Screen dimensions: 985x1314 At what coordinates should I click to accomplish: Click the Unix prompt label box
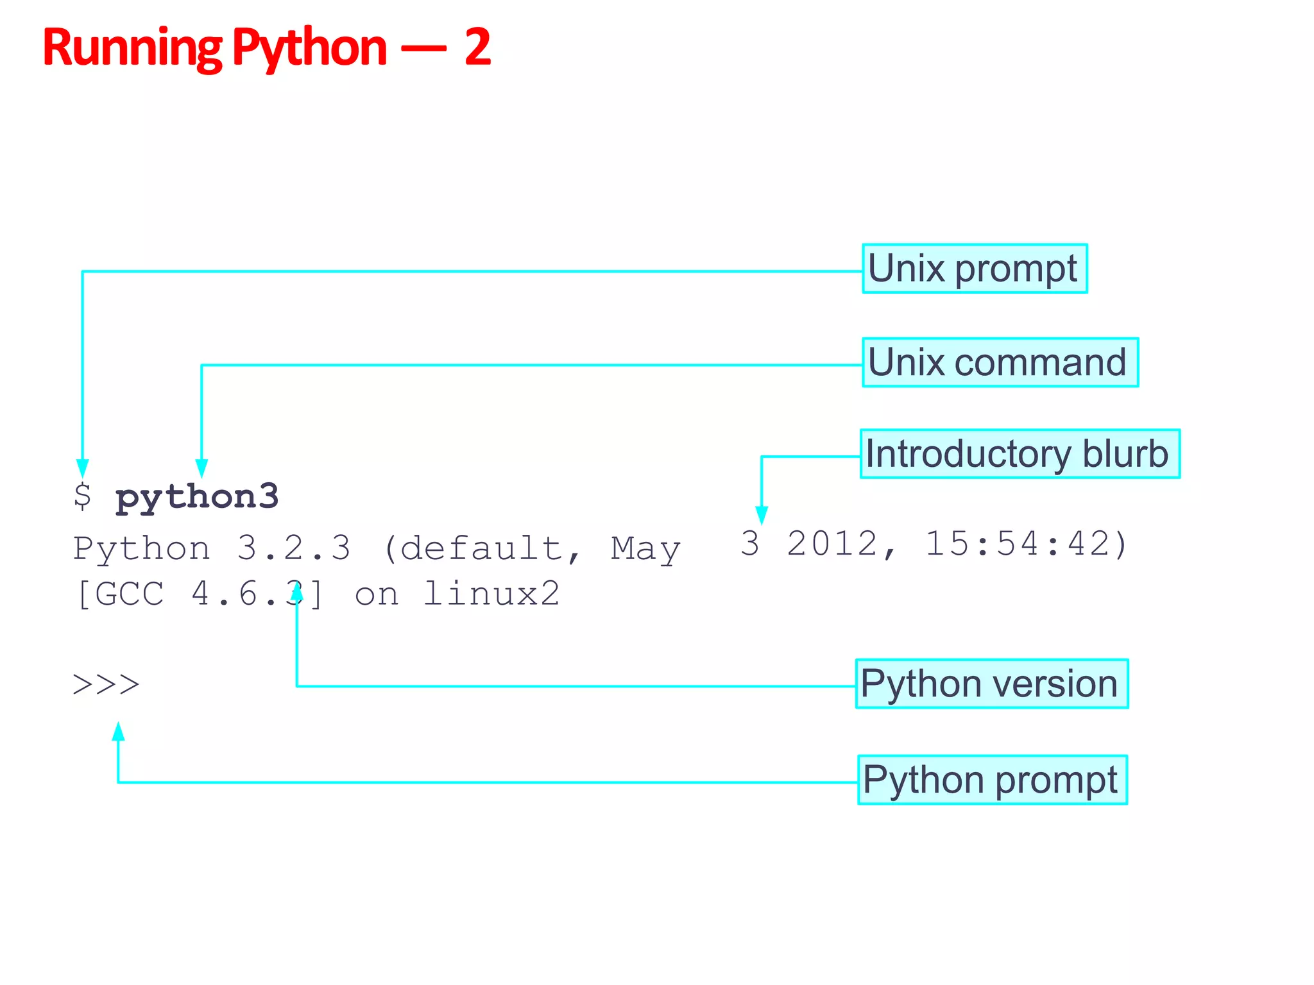pos(974,269)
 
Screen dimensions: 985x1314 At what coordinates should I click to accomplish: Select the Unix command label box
pos(1000,362)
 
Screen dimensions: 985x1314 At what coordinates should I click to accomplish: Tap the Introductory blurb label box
pos(1020,454)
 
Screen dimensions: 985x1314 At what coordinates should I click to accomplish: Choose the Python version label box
pos(991,684)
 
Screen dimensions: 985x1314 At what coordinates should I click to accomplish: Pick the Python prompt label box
pos(992,780)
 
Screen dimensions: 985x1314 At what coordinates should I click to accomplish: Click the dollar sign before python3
pos(82,496)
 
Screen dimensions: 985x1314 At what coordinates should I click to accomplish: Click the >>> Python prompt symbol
pos(106,684)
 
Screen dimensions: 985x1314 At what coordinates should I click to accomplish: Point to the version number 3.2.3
pos(294,548)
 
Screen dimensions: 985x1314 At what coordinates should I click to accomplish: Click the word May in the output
pos(645,550)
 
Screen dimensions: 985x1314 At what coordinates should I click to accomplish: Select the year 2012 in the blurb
pos(832,544)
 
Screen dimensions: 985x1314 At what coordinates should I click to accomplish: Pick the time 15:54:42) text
pos(1025,544)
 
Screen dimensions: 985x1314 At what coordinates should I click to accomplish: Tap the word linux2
pos(491,594)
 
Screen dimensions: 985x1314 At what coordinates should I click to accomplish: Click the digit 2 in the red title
pos(477,47)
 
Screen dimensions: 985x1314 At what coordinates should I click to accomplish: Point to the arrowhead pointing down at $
pos(82,468)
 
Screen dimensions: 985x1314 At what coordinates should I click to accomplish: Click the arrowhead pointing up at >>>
pos(118,732)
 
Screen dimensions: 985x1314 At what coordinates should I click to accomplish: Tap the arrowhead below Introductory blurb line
pos(762,515)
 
